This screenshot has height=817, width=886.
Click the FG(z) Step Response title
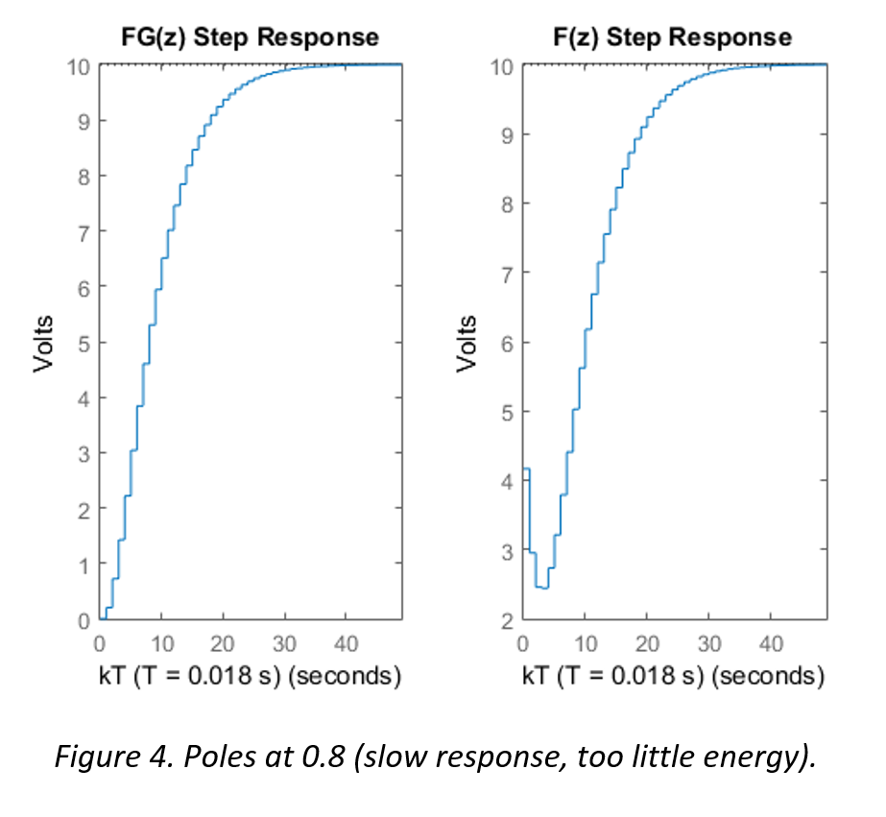coord(250,37)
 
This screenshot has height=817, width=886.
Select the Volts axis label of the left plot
coord(45,343)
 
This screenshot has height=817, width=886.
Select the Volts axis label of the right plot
coord(467,343)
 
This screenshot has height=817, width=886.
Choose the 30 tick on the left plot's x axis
coord(284,643)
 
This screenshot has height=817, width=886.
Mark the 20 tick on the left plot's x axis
coord(223,643)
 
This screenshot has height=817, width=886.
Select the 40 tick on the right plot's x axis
coord(771,643)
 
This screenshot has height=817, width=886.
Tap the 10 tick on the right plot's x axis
coord(585,643)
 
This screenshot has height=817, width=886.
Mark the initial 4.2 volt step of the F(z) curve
coord(526,469)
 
